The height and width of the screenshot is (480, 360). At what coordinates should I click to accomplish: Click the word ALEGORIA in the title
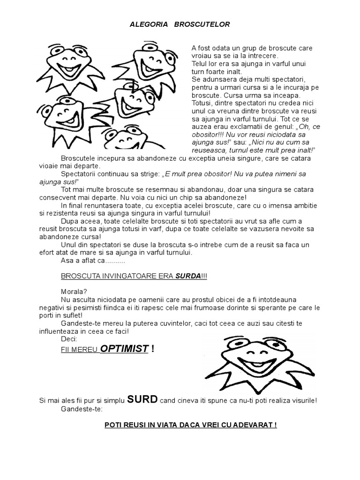point(146,24)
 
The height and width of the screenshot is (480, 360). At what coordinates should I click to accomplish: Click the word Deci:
point(70,338)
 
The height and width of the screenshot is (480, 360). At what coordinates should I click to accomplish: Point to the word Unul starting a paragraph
point(69,245)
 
